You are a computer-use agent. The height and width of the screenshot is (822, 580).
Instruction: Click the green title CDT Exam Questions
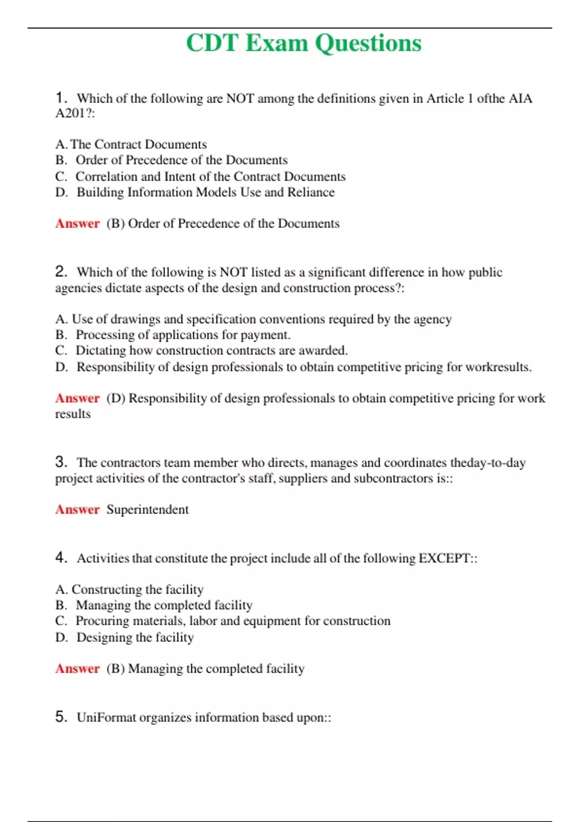click(x=304, y=43)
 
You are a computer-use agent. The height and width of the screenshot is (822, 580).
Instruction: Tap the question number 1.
click(x=60, y=98)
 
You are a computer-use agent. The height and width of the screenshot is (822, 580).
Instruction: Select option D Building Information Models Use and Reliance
click(x=195, y=192)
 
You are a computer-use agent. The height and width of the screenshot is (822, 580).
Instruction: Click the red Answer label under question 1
click(x=77, y=223)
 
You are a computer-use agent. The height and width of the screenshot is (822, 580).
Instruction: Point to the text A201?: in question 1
click(x=75, y=114)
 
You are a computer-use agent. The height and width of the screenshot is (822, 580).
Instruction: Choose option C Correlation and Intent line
click(x=200, y=176)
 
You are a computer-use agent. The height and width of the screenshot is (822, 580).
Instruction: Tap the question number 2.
click(x=60, y=271)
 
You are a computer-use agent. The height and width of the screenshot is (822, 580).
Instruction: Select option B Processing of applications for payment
click(x=173, y=335)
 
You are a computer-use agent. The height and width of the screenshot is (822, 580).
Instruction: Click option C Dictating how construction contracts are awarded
click(x=201, y=351)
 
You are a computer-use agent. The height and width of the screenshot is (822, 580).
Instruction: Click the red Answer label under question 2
click(x=77, y=398)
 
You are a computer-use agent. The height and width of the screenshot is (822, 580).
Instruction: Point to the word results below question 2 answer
click(x=72, y=414)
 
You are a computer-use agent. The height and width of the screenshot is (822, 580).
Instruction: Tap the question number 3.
click(x=60, y=462)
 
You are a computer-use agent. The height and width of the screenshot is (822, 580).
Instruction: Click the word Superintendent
click(x=147, y=510)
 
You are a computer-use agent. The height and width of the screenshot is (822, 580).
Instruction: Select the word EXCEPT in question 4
click(x=444, y=558)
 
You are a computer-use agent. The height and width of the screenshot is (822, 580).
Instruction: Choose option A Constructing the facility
click(x=129, y=589)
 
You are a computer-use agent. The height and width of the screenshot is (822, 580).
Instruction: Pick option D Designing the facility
click(x=124, y=637)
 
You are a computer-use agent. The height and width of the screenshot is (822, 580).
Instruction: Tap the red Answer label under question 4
click(x=77, y=669)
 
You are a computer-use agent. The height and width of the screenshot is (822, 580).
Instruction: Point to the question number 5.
click(x=60, y=717)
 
